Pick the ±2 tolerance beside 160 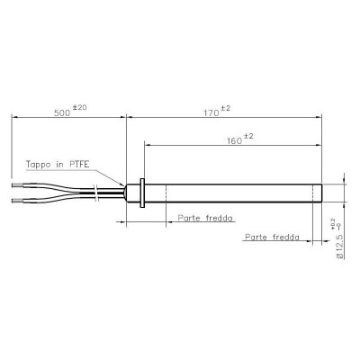(x=247, y=137)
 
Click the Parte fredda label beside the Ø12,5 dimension (x=274, y=238)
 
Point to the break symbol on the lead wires (x=95, y=191)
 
